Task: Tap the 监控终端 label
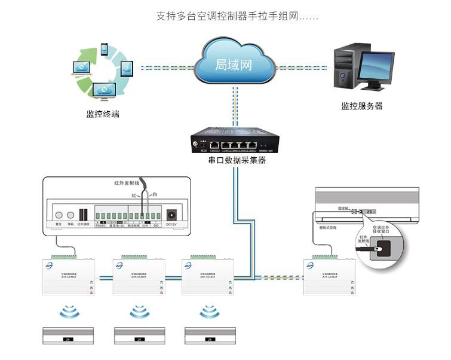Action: (x=102, y=114)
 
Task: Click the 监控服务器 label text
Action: (x=361, y=106)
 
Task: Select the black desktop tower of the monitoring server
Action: (x=345, y=69)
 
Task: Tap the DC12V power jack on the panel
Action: (x=173, y=215)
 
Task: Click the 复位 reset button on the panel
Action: (x=59, y=215)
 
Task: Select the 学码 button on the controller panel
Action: (x=71, y=215)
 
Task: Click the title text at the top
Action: (x=237, y=16)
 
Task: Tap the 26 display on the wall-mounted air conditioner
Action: (x=370, y=211)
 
